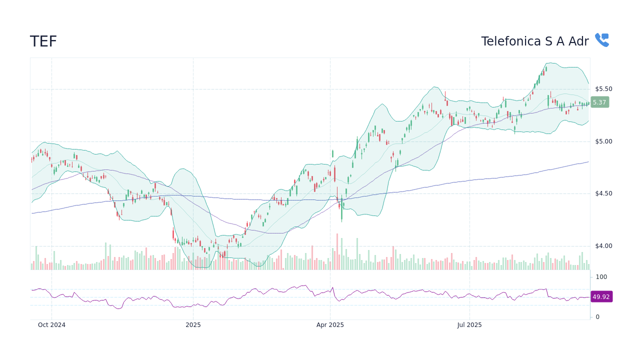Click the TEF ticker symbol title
(x=43, y=41)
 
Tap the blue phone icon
(x=601, y=40)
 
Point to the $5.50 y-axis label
(x=603, y=89)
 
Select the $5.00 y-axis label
(x=603, y=141)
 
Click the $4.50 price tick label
(x=603, y=193)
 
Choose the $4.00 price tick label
(x=603, y=246)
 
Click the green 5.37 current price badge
(x=599, y=102)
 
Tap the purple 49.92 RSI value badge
(x=601, y=296)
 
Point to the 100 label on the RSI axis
(x=601, y=277)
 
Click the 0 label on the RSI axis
(x=597, y=317)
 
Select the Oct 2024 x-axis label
(x=51, y=325)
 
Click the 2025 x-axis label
(x=193, y=325)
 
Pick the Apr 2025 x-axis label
(x=330, y=325)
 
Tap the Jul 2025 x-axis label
(x=469, y=325)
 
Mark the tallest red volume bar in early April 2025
(x=337, y=251)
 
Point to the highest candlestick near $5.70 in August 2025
(x=545, y=68)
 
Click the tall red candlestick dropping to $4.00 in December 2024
(x=173, y=234)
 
